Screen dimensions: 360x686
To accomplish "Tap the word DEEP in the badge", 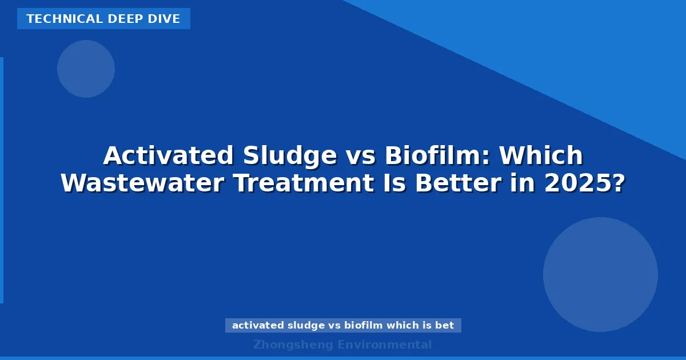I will (x=117, y=19).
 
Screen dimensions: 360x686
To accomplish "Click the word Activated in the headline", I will (x=169, y=155).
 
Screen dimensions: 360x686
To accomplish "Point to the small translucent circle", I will (x=86, y=69).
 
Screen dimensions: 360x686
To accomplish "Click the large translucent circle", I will (x=600, y=274).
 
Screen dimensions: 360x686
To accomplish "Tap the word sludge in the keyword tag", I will (x=304, y=325).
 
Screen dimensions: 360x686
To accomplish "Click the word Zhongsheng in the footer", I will (x=293, y=345).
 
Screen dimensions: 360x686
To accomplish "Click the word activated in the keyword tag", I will (x=257, y=325).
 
